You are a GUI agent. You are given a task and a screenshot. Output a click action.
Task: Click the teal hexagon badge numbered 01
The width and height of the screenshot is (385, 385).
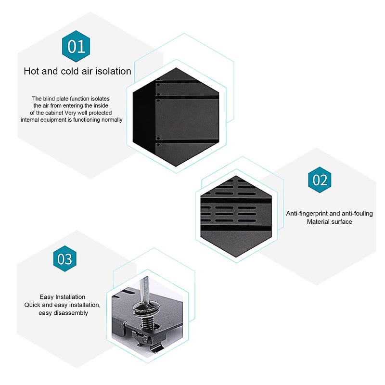(x=76, y=46)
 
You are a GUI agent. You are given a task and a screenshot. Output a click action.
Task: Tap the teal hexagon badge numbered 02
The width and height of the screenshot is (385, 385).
(x=320, y=180)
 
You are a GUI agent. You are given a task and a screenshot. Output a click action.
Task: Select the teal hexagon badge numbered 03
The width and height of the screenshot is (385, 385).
(x=65, y=258)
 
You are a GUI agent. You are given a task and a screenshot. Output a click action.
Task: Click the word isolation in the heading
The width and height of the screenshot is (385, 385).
(x=113, y=71)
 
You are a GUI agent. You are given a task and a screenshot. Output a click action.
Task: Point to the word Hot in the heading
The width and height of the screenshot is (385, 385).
(x=31, y=71)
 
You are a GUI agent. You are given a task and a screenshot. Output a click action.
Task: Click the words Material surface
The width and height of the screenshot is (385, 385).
(x=330, y=222)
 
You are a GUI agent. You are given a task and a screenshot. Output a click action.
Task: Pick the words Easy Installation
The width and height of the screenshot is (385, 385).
(x=63, y=297)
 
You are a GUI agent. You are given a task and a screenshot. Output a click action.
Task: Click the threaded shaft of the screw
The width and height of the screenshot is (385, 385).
(x=147, y=321)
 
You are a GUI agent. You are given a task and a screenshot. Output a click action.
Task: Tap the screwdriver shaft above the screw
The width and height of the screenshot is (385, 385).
(x=143, y=288)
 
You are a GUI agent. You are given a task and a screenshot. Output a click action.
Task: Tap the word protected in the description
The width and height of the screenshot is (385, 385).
(x=100, y=113)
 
